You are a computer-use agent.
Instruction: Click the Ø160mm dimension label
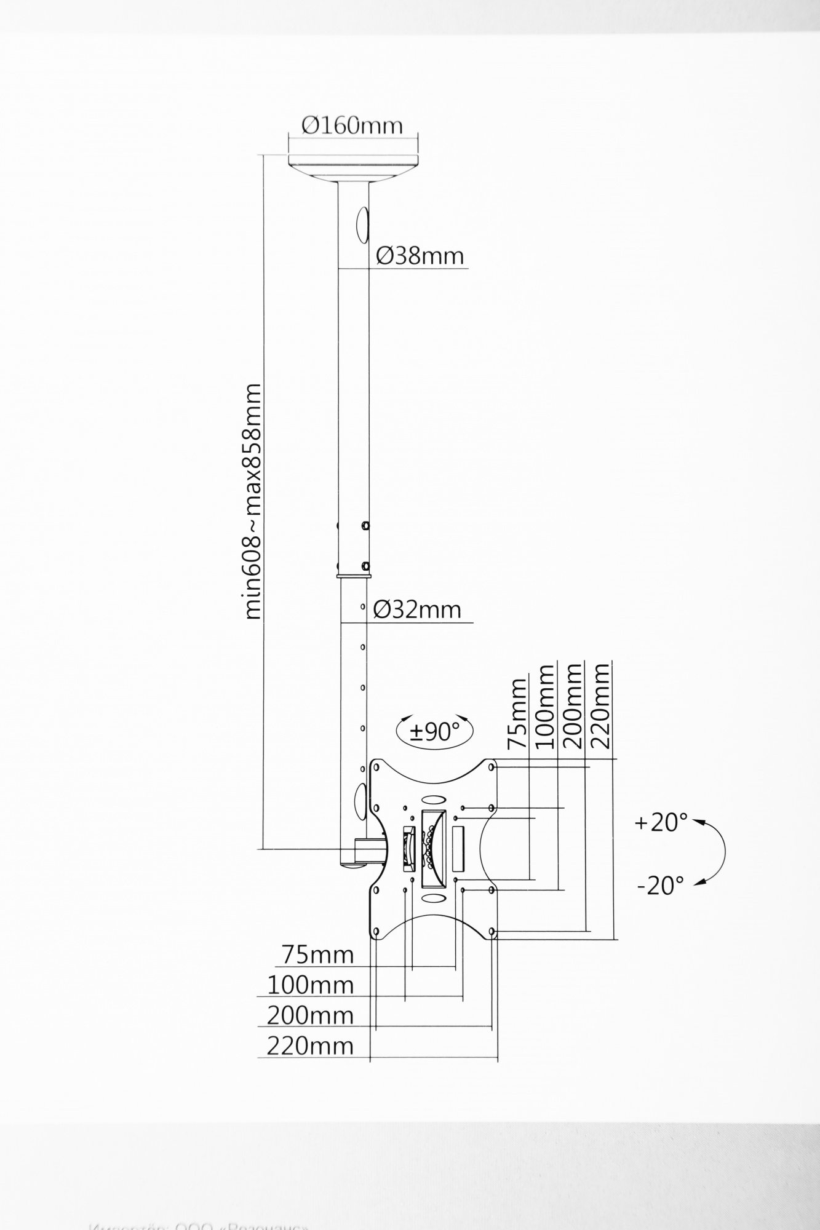[x=352, y=125]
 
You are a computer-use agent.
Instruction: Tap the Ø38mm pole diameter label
[x=420, y=255]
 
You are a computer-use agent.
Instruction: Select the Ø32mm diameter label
[x=417, y=609]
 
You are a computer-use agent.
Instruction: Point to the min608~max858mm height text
[x=253, y=501]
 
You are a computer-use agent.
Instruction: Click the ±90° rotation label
[x=435, y=731]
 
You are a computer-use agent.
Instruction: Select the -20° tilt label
[x=661, y=886]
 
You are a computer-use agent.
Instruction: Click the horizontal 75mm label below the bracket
[x=317, y=954]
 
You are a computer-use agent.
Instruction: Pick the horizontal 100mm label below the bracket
[x=310, y=985]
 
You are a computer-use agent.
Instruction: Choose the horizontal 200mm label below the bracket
[x=310, y=1015]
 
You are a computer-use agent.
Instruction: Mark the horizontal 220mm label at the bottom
[x=310, y=1045]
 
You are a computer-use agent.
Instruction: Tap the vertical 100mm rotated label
[x=546, y=706]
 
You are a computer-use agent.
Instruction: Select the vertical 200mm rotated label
[x=573, y=705]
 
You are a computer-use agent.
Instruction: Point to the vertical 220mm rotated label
[x=601, y=705]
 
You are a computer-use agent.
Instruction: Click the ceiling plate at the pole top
[x=353, y=166]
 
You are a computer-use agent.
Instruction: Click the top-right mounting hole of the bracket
[x=492, y=767]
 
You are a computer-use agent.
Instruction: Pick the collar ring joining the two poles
[x=354, y=576]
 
